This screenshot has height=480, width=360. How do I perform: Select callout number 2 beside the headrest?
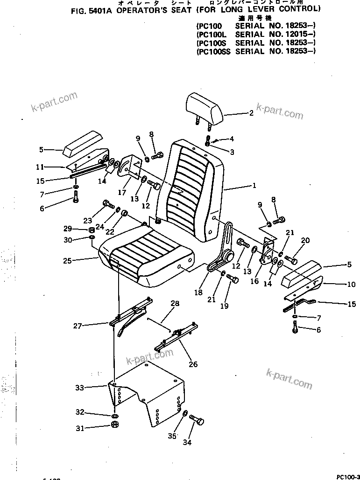coord(251,112)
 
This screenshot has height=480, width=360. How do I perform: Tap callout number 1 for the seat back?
coord(254,186)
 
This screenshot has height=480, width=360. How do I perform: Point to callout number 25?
coord(67,261)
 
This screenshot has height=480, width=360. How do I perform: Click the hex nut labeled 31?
coord(114,425)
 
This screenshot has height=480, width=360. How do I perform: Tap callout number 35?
coord(172,436)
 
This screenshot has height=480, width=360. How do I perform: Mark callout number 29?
coord(68,228)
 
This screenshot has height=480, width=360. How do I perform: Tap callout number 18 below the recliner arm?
coord(198,292)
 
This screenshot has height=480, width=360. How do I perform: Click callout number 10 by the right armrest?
coord(351,284)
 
